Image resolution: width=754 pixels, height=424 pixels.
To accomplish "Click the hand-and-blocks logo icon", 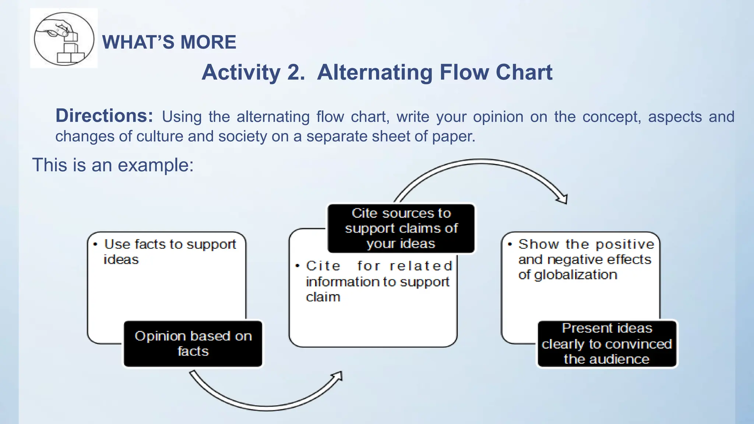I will [64, 38].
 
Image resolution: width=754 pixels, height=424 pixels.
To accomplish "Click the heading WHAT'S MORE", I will [169, 42].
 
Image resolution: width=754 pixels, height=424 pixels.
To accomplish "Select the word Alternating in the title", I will [374, 72].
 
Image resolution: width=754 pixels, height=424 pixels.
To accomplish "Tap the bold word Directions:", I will [104, 116].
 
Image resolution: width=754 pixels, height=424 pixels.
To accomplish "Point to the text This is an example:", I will [113, 165].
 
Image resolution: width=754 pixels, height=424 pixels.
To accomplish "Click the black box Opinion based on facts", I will [193, 344].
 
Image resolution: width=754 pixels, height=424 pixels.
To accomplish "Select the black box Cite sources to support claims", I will [401, 228].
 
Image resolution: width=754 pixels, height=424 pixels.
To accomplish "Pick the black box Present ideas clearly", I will [607, 344].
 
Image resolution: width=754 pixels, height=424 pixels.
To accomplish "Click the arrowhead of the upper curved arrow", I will [562, 199].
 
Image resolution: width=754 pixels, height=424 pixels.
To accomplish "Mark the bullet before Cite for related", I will [297, 266].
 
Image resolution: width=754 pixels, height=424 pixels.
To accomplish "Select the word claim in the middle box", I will [323, 297].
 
